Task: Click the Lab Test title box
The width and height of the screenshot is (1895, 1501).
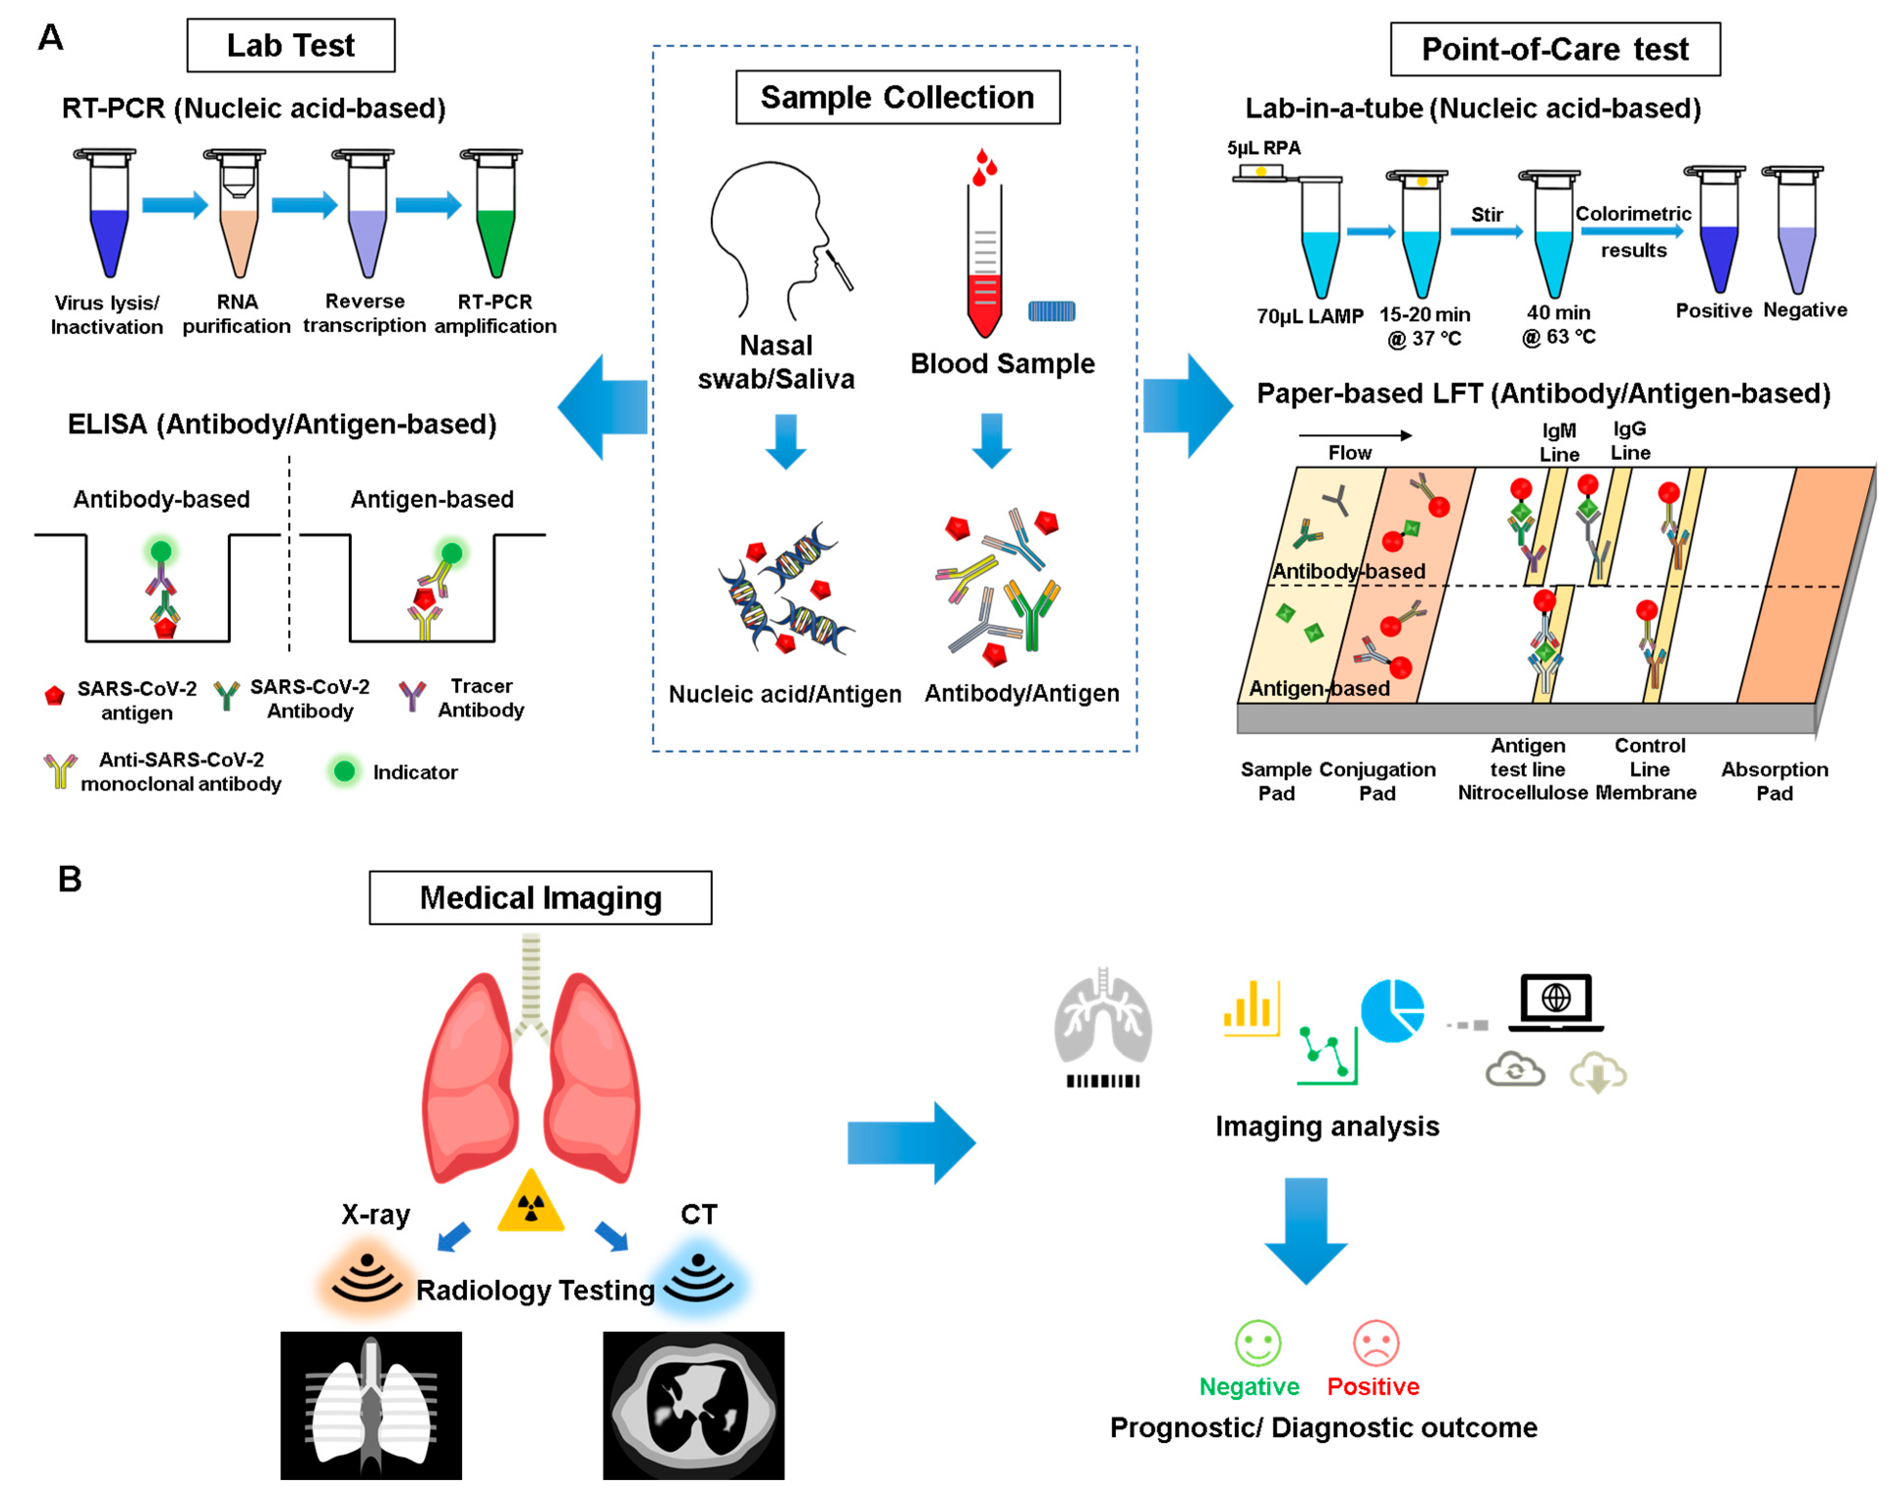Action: pos(291,46)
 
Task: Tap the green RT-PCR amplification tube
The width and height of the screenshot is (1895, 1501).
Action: pos(495,228)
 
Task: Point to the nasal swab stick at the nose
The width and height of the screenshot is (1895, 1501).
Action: pos(839,270)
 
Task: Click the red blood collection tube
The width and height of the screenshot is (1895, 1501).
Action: pos(985,263)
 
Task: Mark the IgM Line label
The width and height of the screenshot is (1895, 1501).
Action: pos(1559,442)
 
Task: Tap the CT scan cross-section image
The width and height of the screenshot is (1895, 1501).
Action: pos(693,1404)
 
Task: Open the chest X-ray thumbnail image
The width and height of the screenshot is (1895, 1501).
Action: pos(371,1404)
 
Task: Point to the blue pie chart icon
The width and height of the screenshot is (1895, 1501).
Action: pos(1392,1011)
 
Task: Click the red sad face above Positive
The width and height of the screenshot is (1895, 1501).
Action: pos(1375,1342)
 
